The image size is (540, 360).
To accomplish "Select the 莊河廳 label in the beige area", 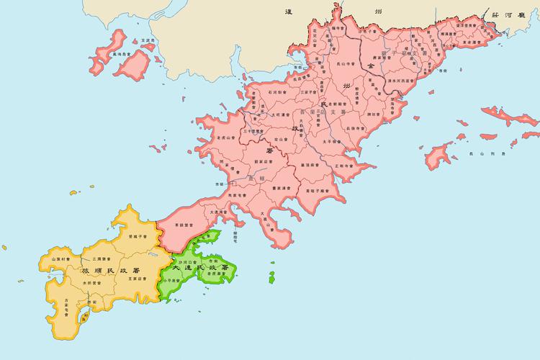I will tap(513, 14).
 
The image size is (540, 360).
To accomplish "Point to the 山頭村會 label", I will tap(60, 258).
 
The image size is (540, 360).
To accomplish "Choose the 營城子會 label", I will tap(138, 235).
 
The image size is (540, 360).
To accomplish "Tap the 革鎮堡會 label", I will tap(187, 225).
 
